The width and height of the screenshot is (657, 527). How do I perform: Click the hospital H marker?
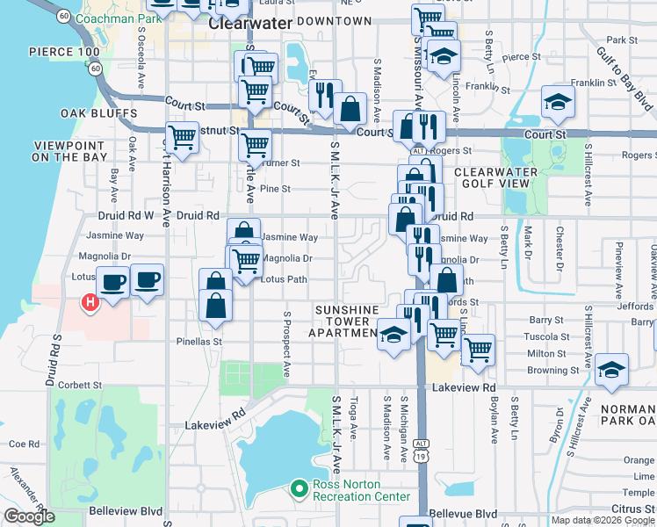[x=89, y=304]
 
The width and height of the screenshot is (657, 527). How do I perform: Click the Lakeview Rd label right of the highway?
[x=465, y=386]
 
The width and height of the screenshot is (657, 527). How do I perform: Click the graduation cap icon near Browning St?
[x=611, y=368]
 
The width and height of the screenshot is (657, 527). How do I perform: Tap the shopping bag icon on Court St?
[x=350, y=110]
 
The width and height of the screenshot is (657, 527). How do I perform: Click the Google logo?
[x=28, y=516]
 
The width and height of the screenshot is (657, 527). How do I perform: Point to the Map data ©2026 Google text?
[x=602, y=520]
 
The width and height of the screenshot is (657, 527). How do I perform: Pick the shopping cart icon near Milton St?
[x=478, y=350]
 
